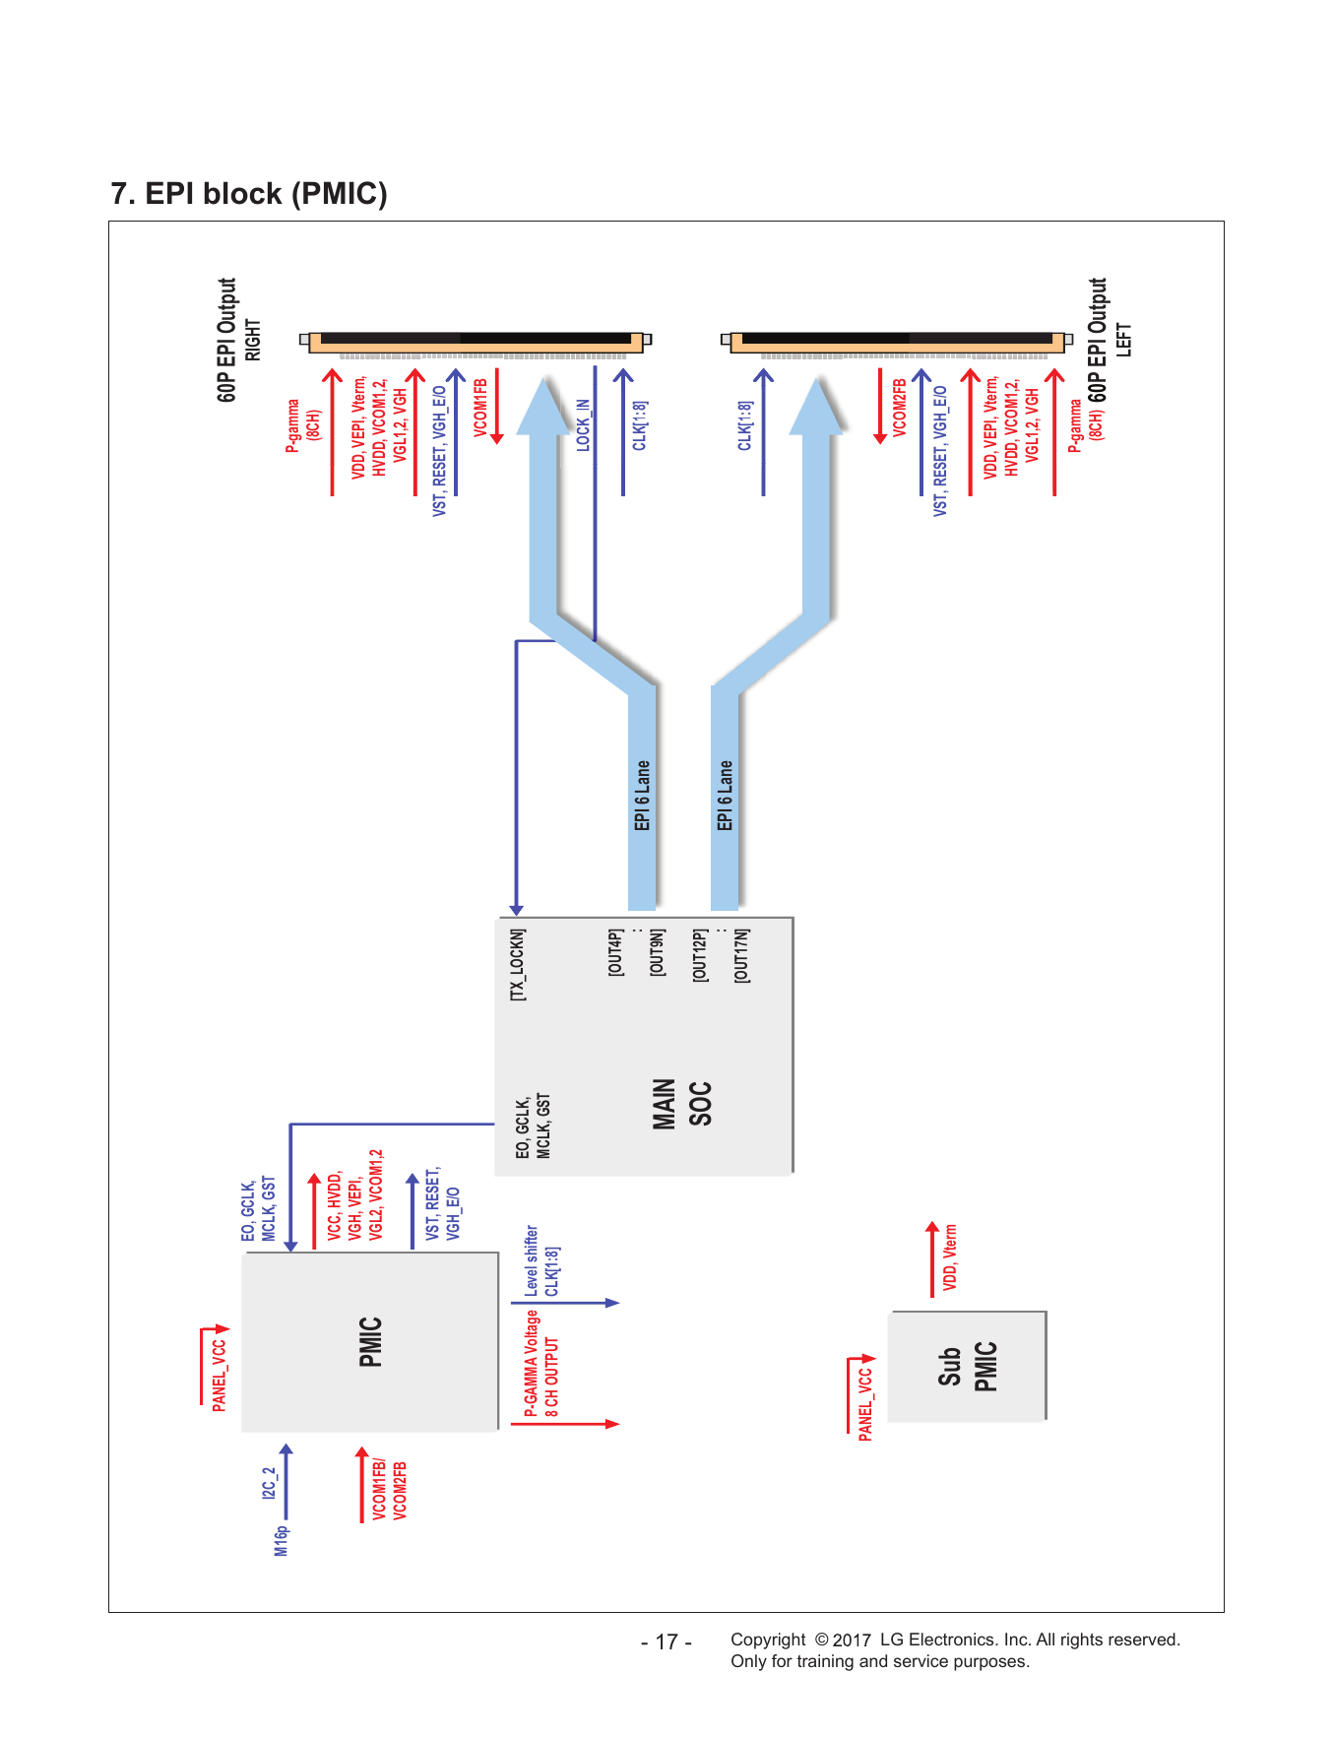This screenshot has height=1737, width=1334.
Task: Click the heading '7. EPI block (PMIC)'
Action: click(249, 193)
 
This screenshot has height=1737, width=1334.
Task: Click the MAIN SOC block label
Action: click(681, 1104)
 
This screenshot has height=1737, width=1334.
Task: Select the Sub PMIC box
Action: click(967, 1366)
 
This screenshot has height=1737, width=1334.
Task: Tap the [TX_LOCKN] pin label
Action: click(518, 965)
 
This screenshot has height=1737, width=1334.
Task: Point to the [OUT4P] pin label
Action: click(615, 952)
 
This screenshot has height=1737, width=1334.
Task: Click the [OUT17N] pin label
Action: click(741, 955)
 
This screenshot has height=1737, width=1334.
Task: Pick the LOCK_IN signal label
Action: click(583, 425)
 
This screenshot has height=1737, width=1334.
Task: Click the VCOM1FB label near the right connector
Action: click(480, 407)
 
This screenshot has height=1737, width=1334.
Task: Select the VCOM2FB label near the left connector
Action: click(899, 407)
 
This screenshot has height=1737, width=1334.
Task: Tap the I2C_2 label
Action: click(269, 1483)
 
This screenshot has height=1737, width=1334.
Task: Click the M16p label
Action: click(282, 1541)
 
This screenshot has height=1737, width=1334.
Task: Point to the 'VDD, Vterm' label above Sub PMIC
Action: click(950, 1257)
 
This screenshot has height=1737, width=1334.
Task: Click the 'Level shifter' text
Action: click(532, 1260)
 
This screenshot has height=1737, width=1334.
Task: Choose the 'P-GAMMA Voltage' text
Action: click(532, 1364)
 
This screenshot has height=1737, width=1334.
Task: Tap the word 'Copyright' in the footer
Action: click(768, 1640)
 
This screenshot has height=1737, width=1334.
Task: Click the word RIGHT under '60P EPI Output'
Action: click(253, 340)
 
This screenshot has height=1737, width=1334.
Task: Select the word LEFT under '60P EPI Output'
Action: click(1123, 340)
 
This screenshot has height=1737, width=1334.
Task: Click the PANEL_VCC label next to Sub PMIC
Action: click(865, 1404)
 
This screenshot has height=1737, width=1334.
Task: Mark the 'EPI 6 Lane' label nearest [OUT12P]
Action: click(726, 796)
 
